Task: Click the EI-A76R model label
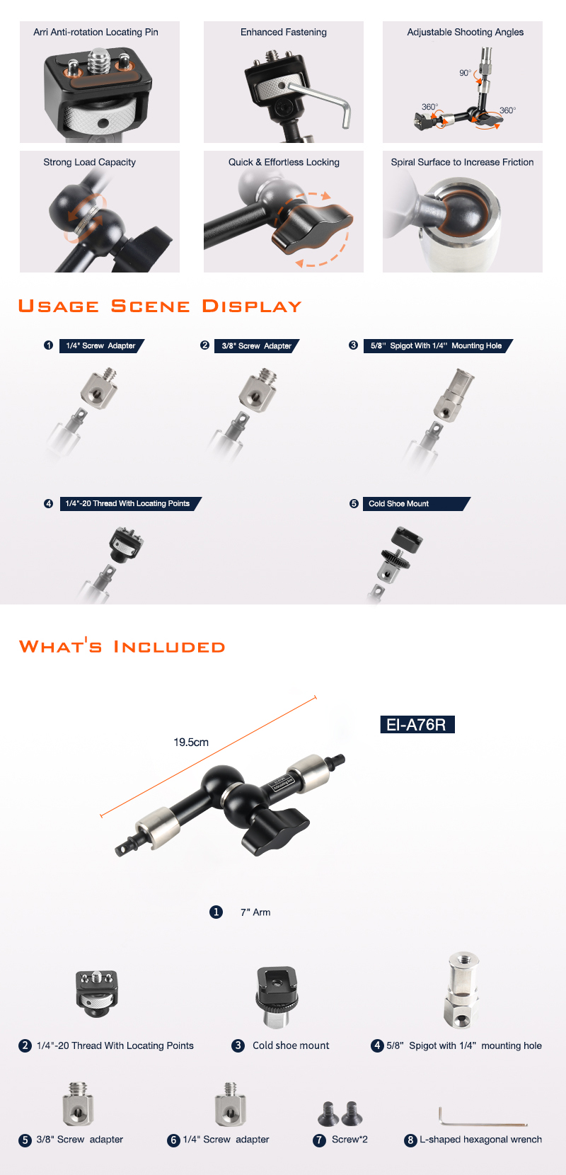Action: click(417, 724)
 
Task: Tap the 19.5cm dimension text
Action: click(191, 743)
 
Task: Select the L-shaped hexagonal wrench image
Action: click(482, 1116)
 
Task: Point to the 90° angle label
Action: click(465, 73)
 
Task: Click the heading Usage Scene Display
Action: click(160, 306)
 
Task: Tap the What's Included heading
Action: click(122, 646)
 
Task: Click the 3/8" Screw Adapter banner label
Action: click(256, 345)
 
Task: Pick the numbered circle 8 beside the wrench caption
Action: click(410, 1140)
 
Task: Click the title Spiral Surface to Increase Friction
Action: click(462, 162)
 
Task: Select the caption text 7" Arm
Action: click(255, 912)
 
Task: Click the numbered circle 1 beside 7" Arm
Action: click(216, 912)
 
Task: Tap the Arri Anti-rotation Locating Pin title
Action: click(96, 32)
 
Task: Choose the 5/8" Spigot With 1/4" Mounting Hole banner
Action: click(438, 345)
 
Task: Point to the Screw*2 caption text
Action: click(350, 1140)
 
